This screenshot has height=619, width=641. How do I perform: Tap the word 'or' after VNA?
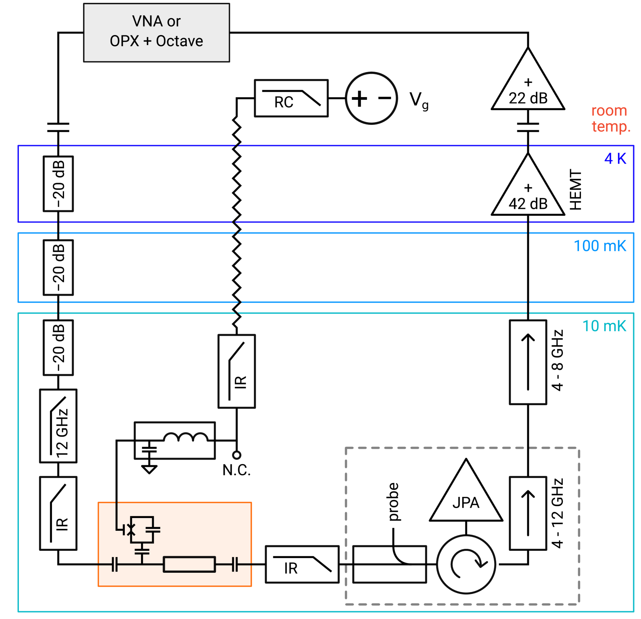[x=174, y=22]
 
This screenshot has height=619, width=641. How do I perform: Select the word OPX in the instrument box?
[x=124, y=41]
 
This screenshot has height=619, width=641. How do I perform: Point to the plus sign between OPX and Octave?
[x=147, y=41]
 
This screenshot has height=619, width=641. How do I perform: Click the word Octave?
[x=180, y=41]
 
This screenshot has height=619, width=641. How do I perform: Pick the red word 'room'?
[x=609, y=111]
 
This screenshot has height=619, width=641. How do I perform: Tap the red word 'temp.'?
[x=611, y=126]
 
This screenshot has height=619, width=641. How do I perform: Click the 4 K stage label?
[x=615, y=158]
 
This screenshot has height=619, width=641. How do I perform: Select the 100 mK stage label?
[x=600, y=246]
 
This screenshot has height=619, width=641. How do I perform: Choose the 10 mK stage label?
[x=604, y=326]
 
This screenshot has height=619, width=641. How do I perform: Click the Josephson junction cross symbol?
[x=131, y=530]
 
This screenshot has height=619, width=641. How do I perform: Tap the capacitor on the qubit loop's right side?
[x=153, y=530]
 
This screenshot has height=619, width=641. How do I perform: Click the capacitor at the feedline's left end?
[x=114, y=564]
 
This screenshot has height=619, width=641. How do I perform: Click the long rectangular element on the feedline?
[x=189, y=564]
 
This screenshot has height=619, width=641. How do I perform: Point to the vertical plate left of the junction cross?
[x=124, y=530]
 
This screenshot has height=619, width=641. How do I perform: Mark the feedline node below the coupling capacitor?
[x=142, y=564]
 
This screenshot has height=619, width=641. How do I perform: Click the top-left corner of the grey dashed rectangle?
[x=346, y=448]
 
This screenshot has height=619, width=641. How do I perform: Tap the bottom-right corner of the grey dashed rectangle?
[x=579, y=604]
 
